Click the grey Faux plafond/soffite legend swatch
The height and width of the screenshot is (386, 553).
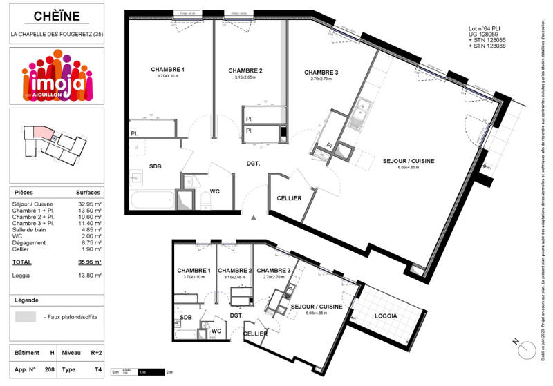26,317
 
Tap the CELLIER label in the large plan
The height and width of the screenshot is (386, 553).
289,198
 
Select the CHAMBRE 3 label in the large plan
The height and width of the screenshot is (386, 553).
321,73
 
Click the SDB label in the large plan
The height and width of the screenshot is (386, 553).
155,166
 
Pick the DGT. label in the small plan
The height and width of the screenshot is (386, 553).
237,316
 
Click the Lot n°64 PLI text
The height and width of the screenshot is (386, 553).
486,29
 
